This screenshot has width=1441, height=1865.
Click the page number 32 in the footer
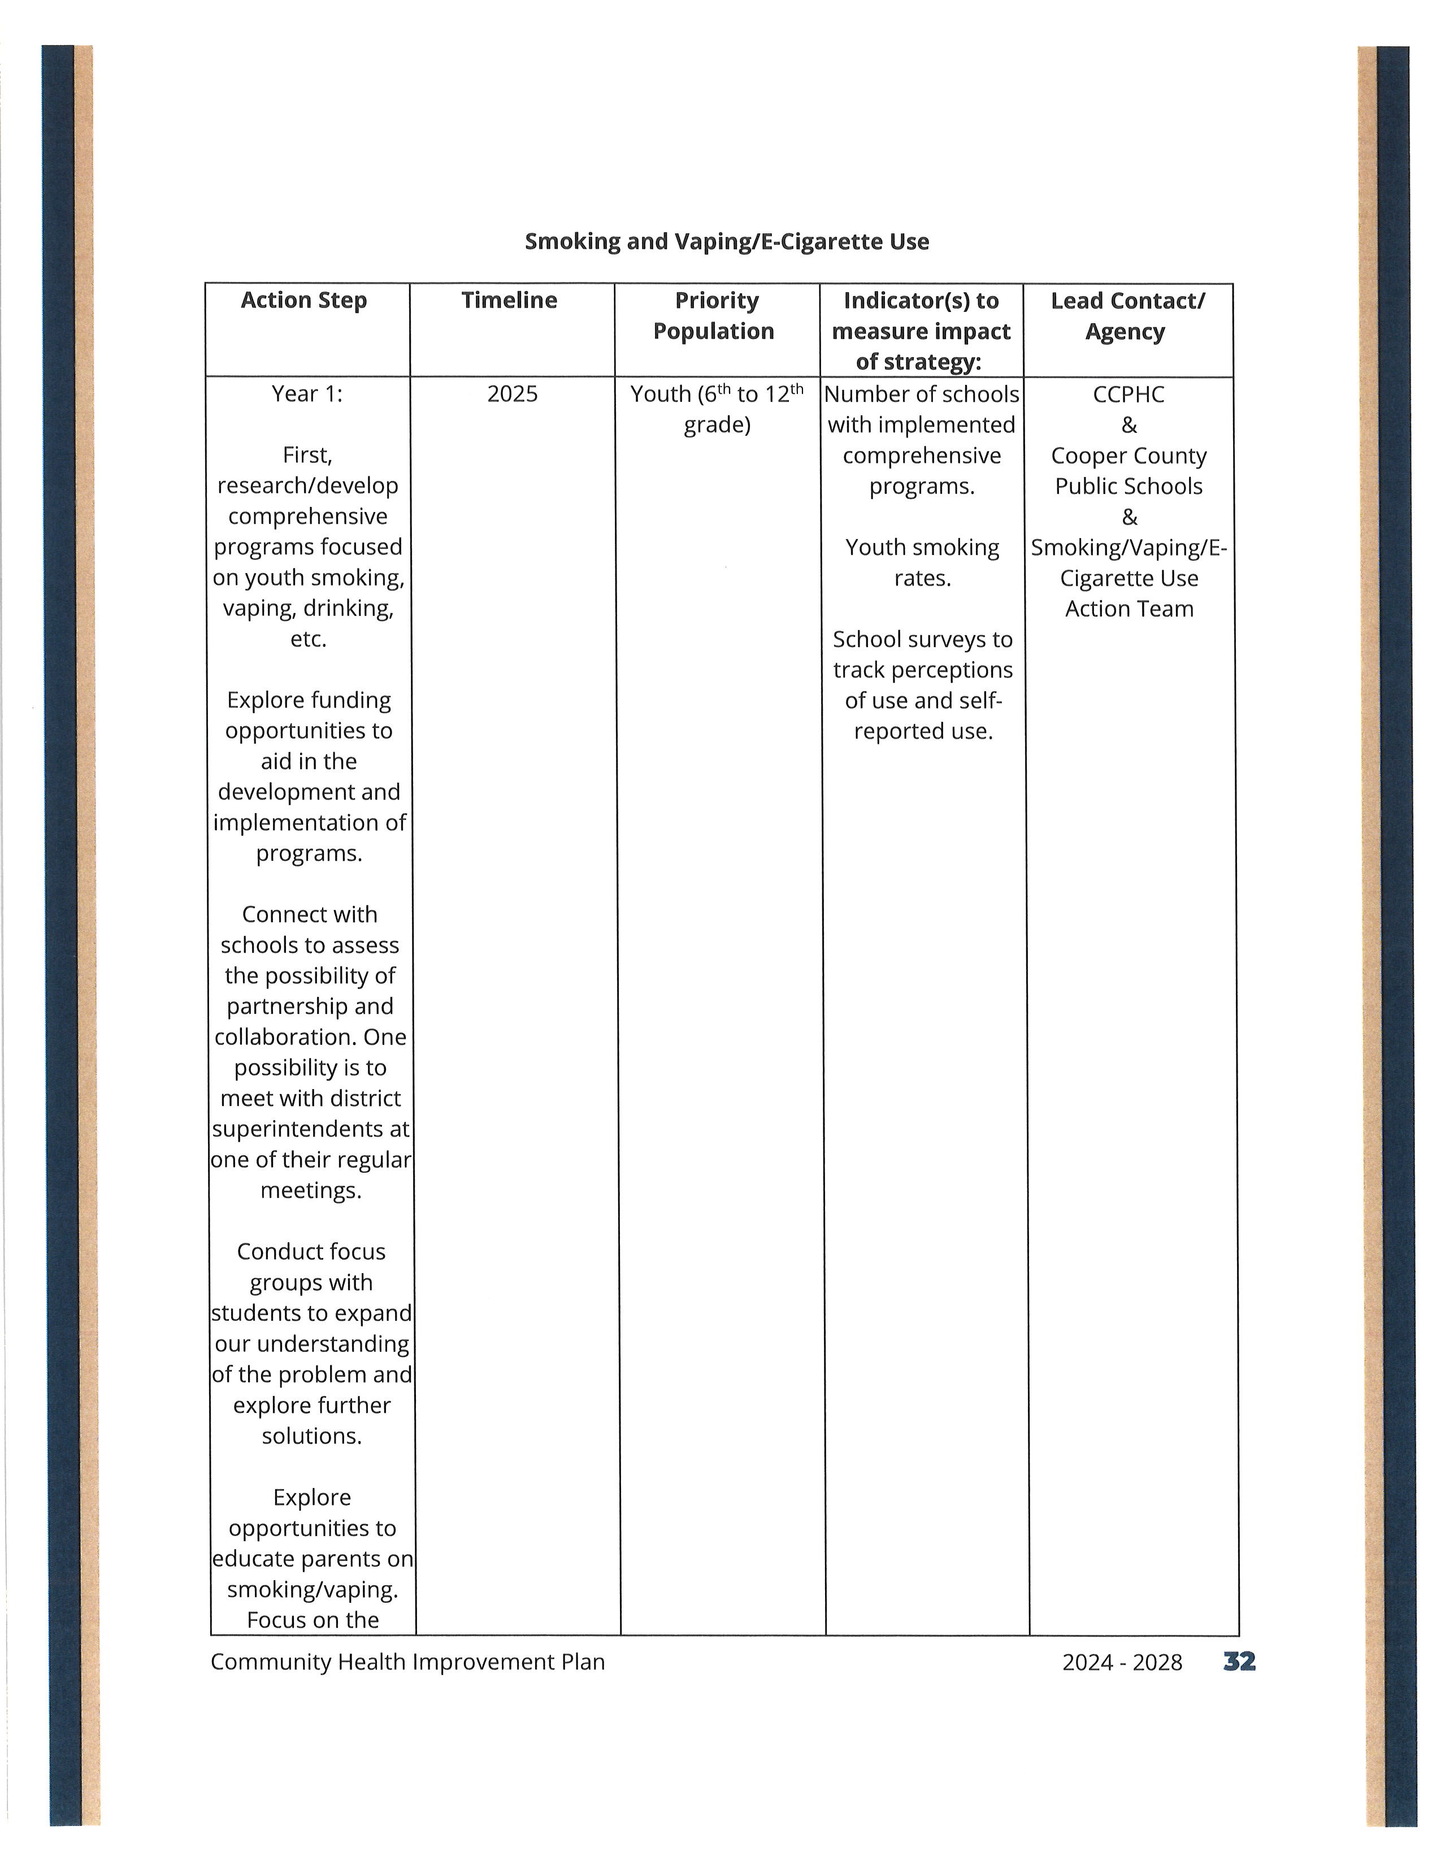click(x=1239, y=1661)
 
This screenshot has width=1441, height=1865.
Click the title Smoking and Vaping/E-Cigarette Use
click(x=727, y=242)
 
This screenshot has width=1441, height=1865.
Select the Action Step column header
click(x=304, y=301)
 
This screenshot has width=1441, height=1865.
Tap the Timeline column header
click(x=510, y=301)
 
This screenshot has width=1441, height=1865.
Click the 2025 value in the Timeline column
click(x=512, y=394)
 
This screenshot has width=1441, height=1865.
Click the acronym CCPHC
click(x=1129, y=394)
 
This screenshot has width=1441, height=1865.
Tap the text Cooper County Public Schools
click(x=1129, y=471)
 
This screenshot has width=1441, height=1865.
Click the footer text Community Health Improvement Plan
click(x=407, y=1662)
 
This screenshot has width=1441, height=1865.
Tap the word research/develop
click(x=307, y=486)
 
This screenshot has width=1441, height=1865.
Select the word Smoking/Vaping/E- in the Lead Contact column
click(x=1129, y=548)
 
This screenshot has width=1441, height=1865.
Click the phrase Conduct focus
click(x=311, y=1252)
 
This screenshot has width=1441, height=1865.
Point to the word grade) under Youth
click(x=717, y=424)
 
